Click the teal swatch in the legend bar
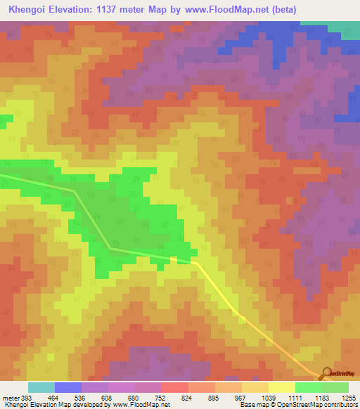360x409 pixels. tap(41, 387)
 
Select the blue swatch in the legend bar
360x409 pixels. tap(67, 387)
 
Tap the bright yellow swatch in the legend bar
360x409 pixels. tap(281, 387)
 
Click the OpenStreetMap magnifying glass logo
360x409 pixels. tap(325, 372)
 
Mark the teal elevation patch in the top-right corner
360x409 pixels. tap(344, 27)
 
